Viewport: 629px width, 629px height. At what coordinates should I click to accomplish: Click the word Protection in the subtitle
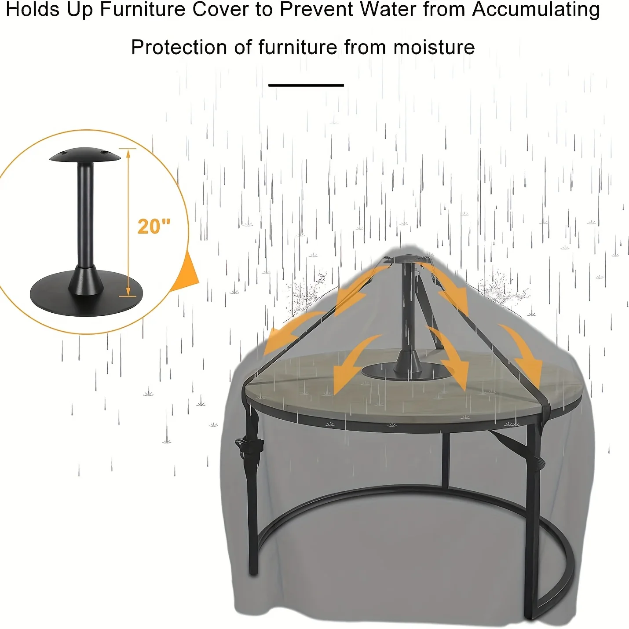pyautogui.click(x=179, y=48)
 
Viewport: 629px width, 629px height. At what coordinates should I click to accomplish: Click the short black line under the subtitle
pyautogui.click(x=306, y=85)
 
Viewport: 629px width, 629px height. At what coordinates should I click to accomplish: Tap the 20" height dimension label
pyautogui.click(x=154, y=226)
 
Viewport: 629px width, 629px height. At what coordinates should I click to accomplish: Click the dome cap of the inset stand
pyautogui.click(x=85, y=155)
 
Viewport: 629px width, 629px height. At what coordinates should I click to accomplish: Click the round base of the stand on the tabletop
pyautogui.click(x=408, y=371)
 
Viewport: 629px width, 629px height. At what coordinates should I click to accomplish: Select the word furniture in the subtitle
pyautogui.click(x=298, y=48)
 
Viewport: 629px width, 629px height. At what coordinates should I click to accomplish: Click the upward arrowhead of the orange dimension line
pyautogui.click(x=128, y=154)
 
